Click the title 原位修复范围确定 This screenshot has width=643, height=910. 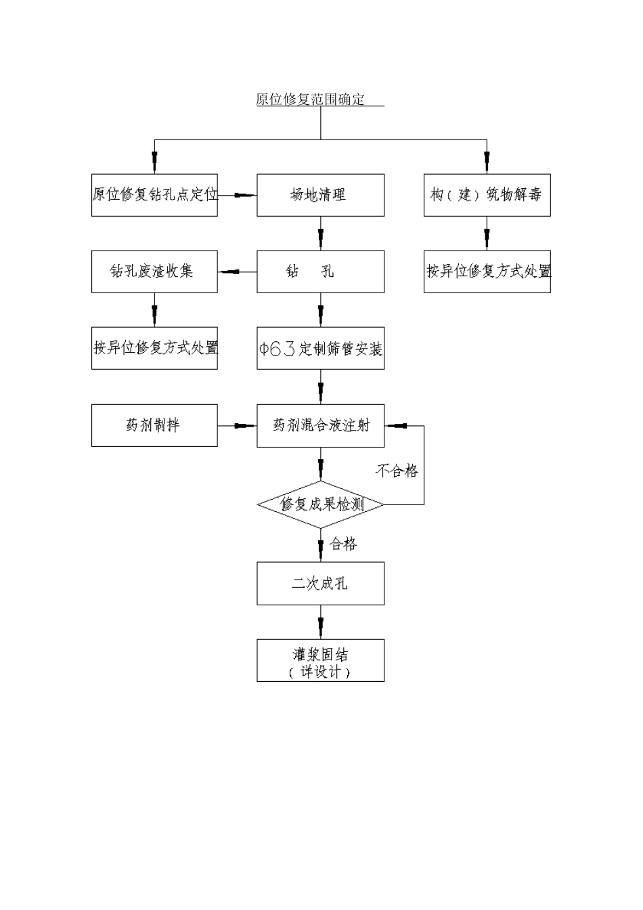311,100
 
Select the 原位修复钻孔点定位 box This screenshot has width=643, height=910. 154,195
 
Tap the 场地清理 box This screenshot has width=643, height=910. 320,195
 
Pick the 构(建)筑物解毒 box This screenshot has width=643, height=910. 487,195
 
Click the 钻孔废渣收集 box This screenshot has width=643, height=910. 154,272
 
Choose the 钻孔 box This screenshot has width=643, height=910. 320,272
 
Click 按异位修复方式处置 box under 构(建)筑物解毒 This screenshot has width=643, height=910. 487,272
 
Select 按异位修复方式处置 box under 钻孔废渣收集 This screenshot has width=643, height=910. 154,348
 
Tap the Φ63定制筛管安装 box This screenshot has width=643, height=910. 320,348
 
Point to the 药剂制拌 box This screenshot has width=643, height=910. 154,425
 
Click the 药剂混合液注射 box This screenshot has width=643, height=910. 320,425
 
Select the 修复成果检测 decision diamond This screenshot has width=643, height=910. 320,504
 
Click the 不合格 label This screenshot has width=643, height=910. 397,471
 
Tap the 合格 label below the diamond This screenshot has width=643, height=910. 344,544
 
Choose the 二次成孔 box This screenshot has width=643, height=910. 320,583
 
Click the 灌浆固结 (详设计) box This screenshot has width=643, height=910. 320,660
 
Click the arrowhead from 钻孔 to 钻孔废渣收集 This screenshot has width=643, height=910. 229,272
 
